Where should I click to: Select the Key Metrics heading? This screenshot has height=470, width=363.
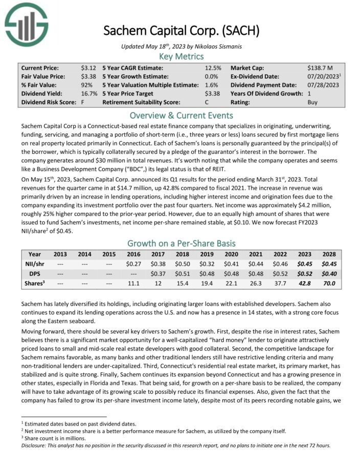click(181, 56)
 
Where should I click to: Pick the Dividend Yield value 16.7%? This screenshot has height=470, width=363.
click(89, 94)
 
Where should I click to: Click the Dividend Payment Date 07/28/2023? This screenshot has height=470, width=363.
click(323, 85)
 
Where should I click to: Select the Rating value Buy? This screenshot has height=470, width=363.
click(312, 102)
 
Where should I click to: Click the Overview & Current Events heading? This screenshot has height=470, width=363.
click(181, 115)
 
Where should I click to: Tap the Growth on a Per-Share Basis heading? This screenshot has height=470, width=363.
click(181, 243)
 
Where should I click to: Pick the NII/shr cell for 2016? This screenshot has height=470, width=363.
click(133, 264)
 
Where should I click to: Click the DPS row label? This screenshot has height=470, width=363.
click(35, 273)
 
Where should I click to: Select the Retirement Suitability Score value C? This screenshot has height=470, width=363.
click(207, 102)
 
